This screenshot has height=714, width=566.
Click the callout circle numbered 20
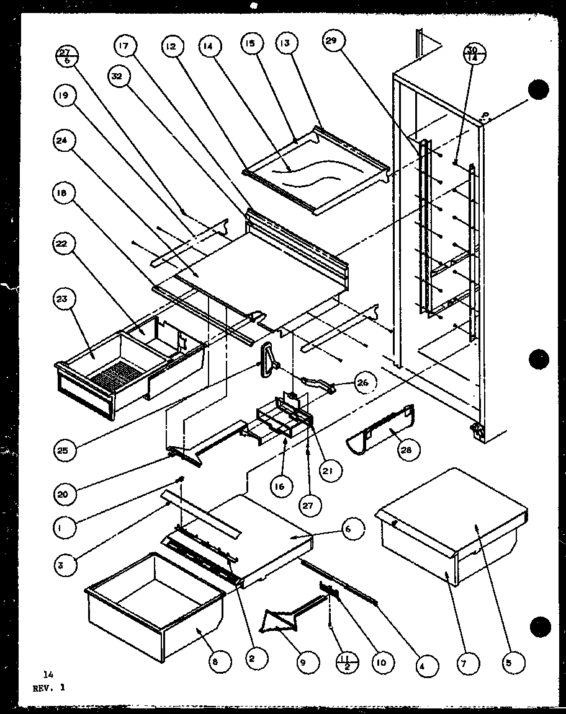pos(66,493)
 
